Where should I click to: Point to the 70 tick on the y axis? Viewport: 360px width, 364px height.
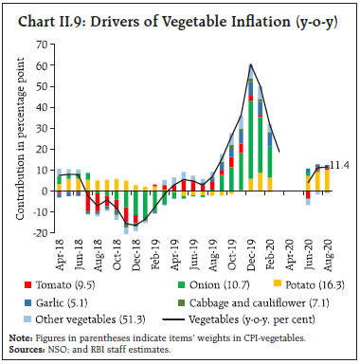(x=43, y=44)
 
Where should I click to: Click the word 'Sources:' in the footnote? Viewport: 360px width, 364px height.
(x=26, y=349)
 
